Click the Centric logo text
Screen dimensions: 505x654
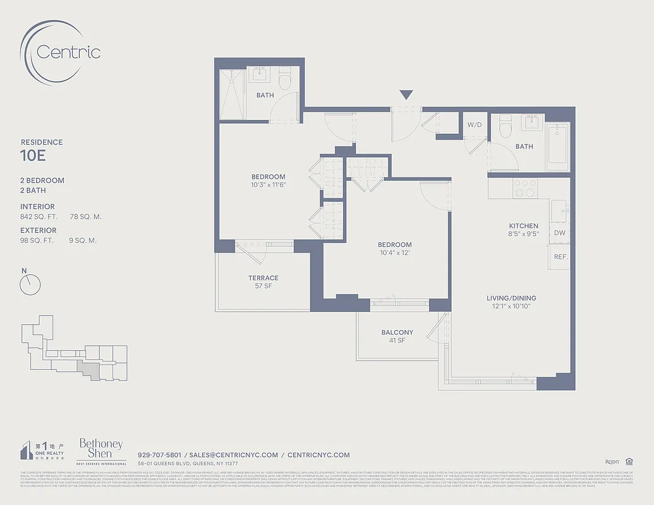click(x=68, y=51)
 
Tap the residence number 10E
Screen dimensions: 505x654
click(x=33, y=154)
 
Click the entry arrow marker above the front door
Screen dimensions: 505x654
click(x=406, y=95)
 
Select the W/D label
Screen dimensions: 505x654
click(x=474, y=125)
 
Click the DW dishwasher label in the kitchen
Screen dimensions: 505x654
click(x=559, y=233)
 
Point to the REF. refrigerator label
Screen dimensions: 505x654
click(x=560, y=257)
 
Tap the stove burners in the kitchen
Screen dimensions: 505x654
click(x=524, y=188)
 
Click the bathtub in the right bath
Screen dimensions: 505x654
click(x=557, y=146)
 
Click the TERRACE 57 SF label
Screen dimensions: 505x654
click(x=263, y=282)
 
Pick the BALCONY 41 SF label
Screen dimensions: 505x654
click(x=397, y=336)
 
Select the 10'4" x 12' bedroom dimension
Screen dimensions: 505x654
click(x=394, y=253)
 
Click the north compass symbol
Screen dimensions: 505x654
click(x=30, y=285)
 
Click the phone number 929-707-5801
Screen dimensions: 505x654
click(x=159, y=454)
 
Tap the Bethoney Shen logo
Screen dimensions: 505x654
click(x=101, y=449)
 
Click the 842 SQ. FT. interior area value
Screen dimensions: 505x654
click(x=39, y=217)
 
